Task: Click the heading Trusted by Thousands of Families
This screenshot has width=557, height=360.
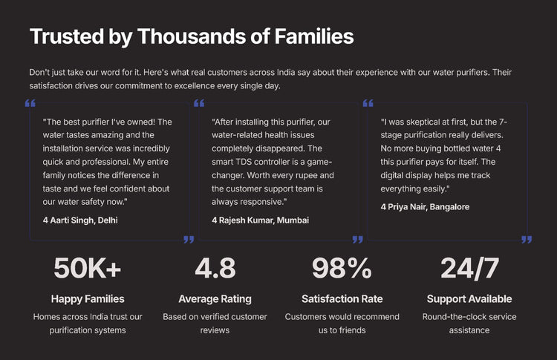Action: click(192, 36)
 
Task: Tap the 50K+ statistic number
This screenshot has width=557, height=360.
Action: click(88, 268)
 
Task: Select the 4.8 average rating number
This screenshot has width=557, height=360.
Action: click(215, 268)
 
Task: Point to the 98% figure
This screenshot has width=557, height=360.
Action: click(342, 268)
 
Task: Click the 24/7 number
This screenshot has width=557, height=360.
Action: click(469, 268)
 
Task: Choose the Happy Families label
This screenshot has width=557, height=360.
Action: click(88, 299)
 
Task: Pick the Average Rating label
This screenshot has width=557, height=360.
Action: click(215, 299)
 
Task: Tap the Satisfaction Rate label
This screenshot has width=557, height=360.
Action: click(342, 299)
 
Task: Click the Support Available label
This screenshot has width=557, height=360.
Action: click(469, 299)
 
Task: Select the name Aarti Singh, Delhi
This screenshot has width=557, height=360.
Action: click(83, 220)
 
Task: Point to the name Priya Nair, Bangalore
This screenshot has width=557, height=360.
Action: click(429, 207)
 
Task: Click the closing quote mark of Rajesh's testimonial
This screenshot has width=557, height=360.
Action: click(358, 240)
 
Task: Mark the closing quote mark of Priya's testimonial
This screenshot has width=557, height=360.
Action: click(527, 240)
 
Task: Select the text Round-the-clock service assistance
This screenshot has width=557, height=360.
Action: click(469, 323)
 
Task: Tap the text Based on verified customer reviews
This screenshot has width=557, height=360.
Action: click(215, 323)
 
